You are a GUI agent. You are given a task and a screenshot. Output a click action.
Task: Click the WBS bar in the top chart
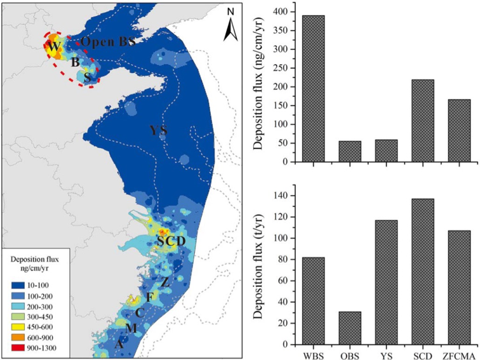(x=313, y=89)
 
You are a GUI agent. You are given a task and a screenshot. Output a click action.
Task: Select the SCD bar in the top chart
(x=422, y=121)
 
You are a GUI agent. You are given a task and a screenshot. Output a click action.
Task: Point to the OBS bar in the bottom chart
(x=350, y=328)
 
